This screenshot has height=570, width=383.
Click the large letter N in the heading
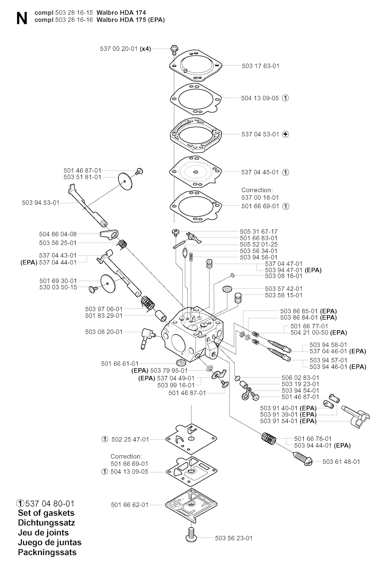tap(22, 19)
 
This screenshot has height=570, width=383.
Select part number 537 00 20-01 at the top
tap(119, 49)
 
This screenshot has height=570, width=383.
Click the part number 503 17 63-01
tap(261, 66)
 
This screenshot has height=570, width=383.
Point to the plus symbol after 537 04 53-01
tap(286, 134)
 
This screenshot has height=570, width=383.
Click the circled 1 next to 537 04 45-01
tap(286, 172)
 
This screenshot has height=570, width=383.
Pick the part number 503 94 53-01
tap(41, 203)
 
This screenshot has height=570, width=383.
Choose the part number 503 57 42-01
tap(284, 289)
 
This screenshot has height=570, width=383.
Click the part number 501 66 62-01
tap(130, 505)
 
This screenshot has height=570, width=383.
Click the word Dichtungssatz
tap(46, 523)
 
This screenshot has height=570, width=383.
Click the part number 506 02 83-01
tap(300, 378)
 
